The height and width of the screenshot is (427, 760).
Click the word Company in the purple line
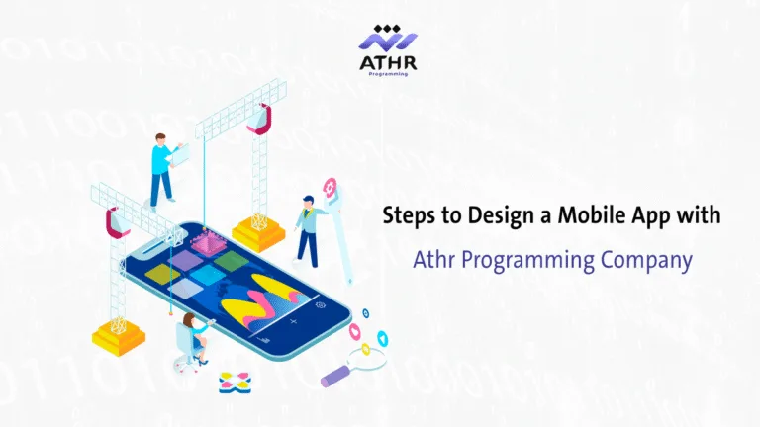click(x=644, y=262)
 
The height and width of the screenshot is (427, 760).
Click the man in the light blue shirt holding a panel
click(x=163, y=168)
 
